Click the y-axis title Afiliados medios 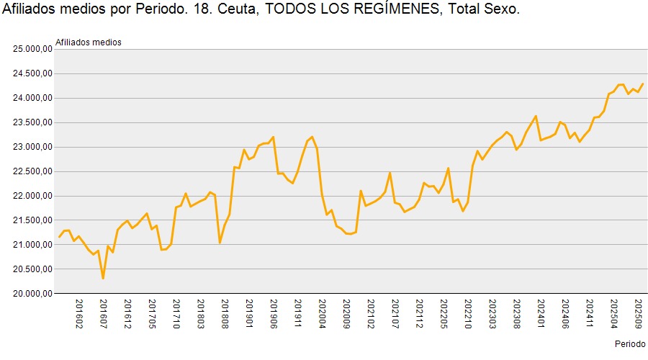[x=89, y=42]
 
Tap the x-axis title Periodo [x=631, y=343]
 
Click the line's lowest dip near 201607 [x=103, y=278]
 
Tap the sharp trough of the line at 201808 [x=220, y=243]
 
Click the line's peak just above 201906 [x=274, y=137]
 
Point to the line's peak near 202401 [x=536, y=116]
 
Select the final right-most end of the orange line [x=643, y=84]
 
